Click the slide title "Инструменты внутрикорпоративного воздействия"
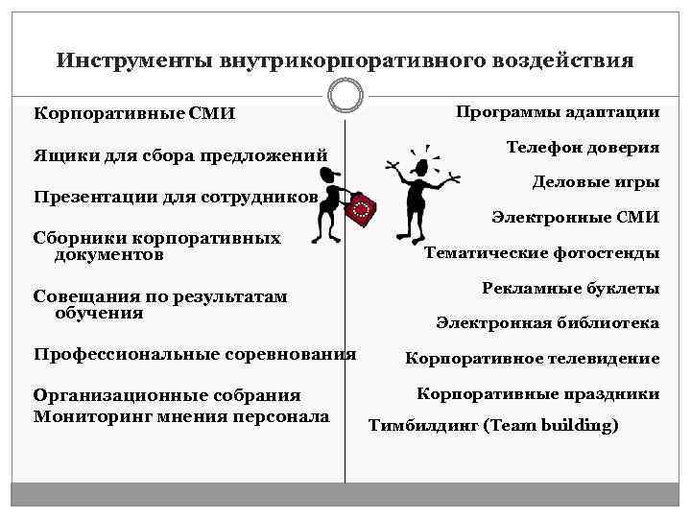[345, 60]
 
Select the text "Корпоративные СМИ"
[134, 113]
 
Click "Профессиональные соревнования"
[195, 354]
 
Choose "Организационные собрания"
[167, 395]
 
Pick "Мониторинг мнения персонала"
[181, 416]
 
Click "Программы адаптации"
[558, 112]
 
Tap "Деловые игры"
[595, 182]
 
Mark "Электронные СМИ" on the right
[575, 218]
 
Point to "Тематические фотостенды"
[541, 253]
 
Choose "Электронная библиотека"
[547, 323]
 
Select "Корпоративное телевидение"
[532, 359]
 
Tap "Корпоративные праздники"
[537, 393]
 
